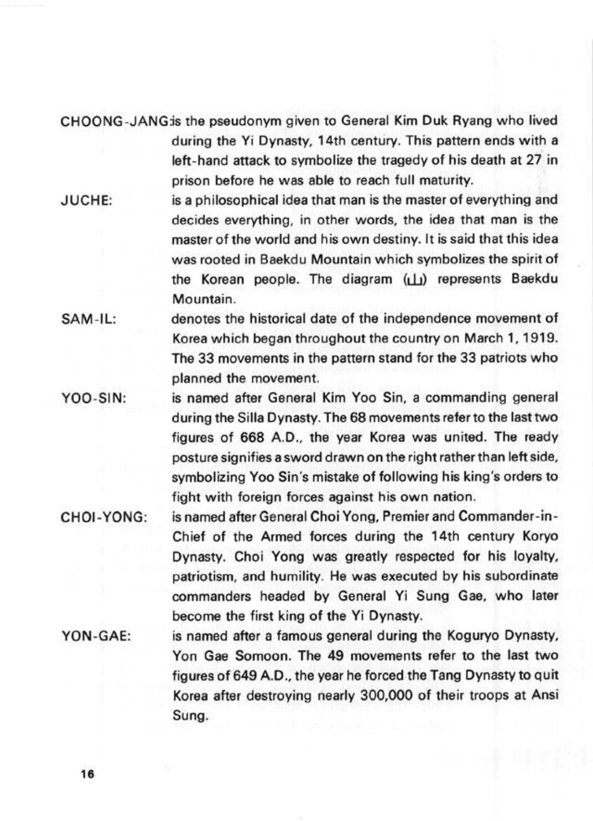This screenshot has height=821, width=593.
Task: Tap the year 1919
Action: click(541, 338)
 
